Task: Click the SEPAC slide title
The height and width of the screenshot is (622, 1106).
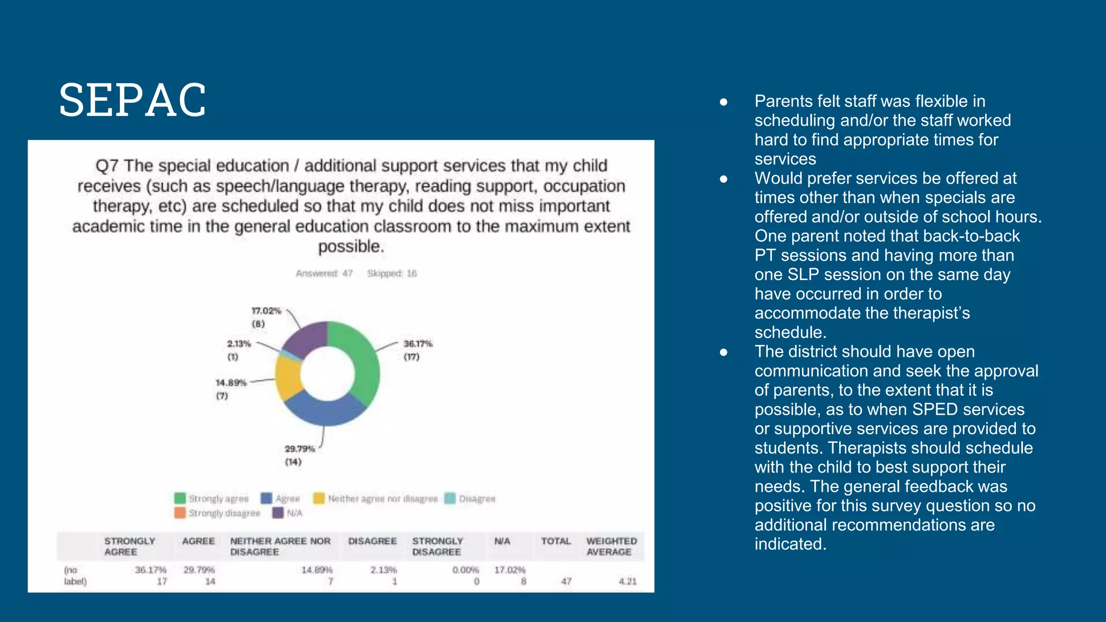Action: [132, 100]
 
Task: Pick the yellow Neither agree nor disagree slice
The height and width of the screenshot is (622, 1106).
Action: [288, 376]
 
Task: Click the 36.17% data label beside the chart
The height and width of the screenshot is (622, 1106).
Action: [417, 344]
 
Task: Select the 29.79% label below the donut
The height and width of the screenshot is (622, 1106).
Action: [299, 449]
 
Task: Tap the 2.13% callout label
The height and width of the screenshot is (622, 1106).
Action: [238, 344]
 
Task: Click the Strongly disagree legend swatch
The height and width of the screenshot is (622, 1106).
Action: [180, 513]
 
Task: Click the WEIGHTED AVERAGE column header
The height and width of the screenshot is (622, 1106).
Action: [611, 546]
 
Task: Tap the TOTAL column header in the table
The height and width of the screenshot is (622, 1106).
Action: [556, 541]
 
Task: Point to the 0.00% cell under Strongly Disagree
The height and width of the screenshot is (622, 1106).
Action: [466, 570]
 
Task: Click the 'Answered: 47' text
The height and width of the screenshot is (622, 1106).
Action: [324, 274]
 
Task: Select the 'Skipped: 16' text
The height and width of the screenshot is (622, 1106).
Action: [392, 274]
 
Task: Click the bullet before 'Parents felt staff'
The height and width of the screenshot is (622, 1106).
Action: [724, 102]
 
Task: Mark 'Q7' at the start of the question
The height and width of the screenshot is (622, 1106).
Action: [106, 166]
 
